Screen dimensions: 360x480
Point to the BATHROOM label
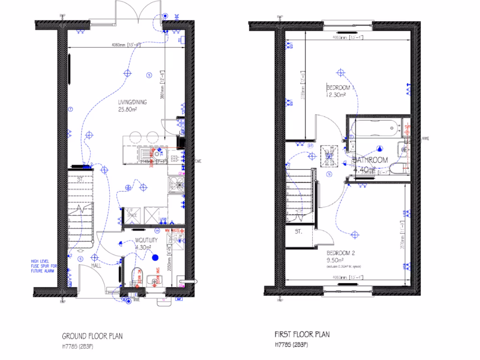click(370, 160)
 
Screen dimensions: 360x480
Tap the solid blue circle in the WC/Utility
click(156, 257)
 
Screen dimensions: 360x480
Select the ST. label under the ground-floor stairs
click(80, 179)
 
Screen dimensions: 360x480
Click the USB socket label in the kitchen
click(163, 219)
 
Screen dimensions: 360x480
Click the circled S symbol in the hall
click(81, 259)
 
